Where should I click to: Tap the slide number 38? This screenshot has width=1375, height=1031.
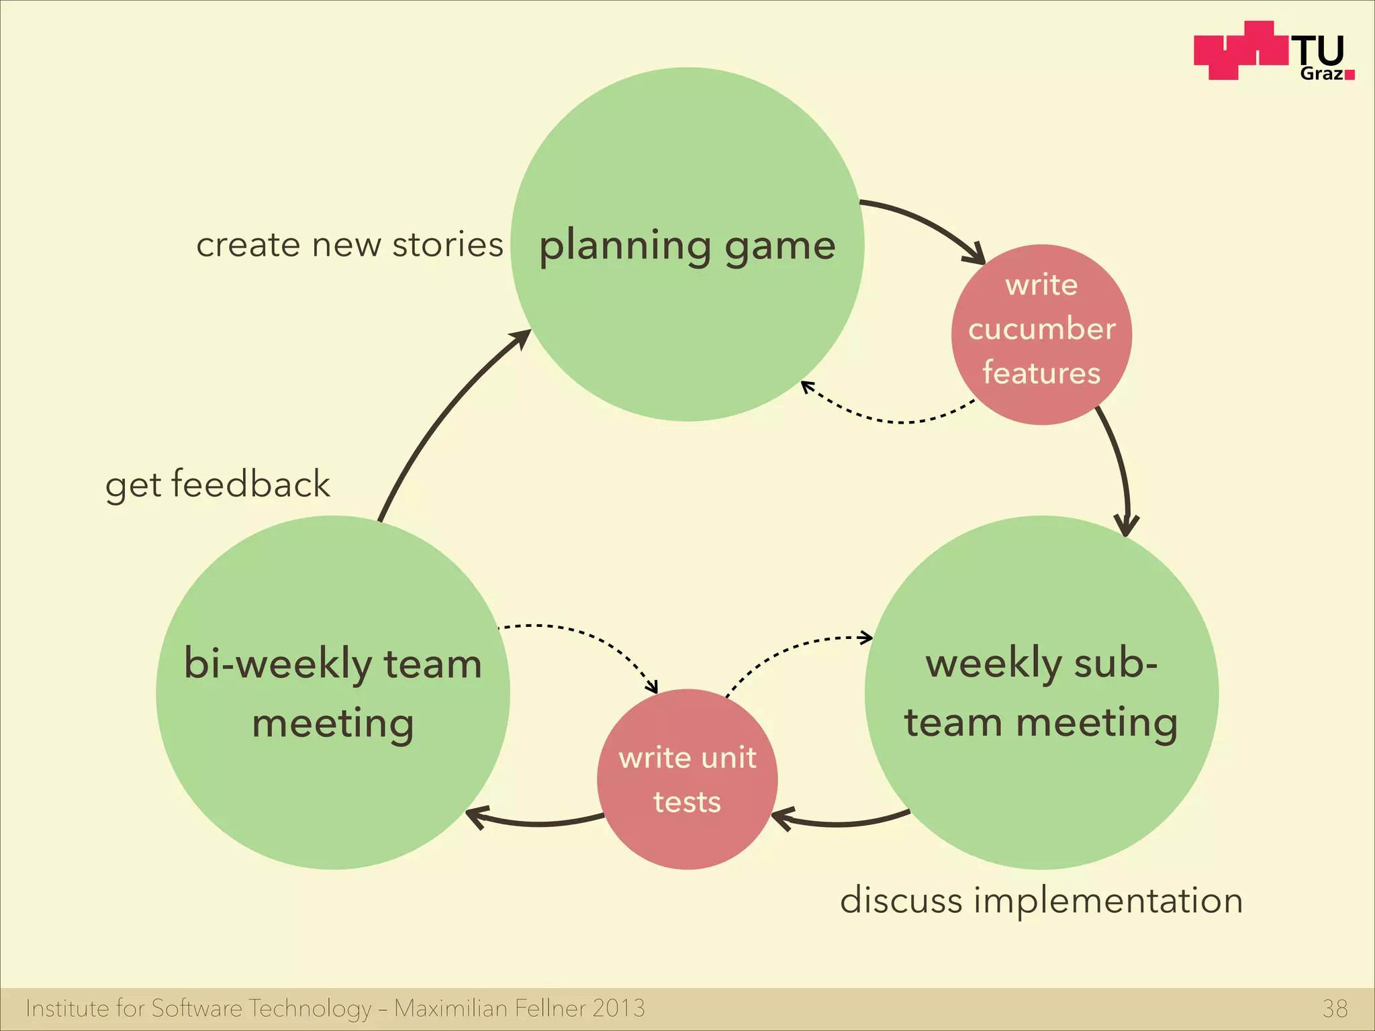(1335, 1008)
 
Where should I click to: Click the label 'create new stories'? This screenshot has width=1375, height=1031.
(349, 244)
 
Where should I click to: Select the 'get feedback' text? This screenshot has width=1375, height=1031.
(218, 485)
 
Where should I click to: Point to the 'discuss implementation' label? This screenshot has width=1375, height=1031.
(1041, 900)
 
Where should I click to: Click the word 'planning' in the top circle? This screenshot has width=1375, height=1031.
(624, 246)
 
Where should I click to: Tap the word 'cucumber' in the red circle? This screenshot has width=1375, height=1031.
(1041, 329)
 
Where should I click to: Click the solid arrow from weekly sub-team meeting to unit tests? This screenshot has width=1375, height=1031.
(839, 823)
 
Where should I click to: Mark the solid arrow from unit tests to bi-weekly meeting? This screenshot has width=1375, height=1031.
(537, 823)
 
